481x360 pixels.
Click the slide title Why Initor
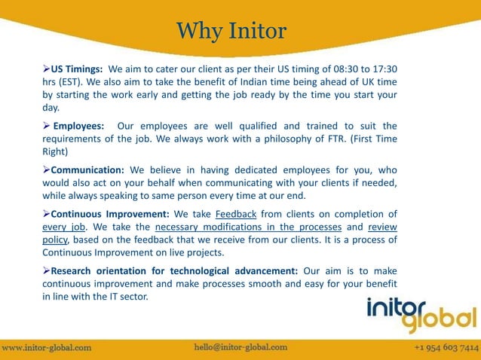(x=231, y=32)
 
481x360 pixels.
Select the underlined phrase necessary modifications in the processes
(x=249, y=227)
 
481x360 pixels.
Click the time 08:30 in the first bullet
(x=335, y=68)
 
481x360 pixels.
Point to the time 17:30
(x=383, y=68)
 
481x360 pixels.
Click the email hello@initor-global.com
(x=240, y=347)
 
